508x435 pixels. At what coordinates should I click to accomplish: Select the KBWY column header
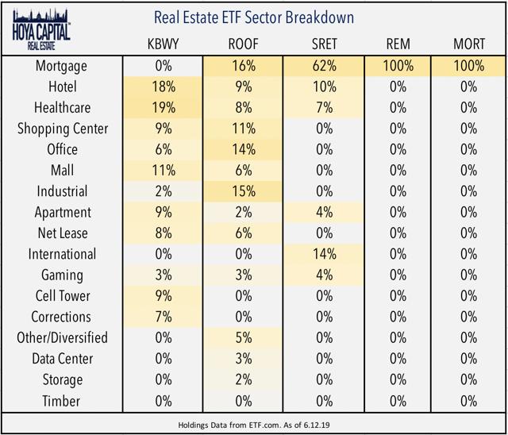[164, 45]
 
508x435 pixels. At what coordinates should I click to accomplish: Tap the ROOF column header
[242, 45]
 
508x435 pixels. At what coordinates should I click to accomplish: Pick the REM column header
[398, 45]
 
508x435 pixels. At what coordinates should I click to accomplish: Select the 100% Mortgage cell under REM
[398, 67]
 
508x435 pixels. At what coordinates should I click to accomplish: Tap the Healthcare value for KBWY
[164, 108]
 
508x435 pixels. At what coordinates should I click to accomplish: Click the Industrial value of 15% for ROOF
[242, 191]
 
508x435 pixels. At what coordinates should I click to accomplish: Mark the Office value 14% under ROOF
[242, 150]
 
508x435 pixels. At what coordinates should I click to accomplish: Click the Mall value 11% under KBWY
[164, 171]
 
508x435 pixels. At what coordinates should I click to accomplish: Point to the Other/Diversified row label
[63, 337]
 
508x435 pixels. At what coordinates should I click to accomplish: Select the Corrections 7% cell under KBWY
[164, 317]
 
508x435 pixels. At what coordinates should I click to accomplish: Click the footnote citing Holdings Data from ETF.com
[253, 424]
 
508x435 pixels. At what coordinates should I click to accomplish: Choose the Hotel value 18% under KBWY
[164, 87]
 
